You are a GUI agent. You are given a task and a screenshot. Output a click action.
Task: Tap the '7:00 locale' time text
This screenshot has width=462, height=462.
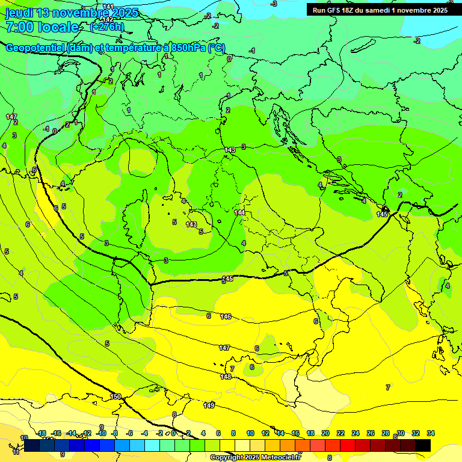pyautogui.click(x=42, y=27)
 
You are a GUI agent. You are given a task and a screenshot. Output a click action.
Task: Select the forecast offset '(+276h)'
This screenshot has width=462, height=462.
pyautogui.click(x=107, y=27)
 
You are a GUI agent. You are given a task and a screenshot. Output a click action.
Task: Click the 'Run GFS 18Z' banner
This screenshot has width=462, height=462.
pyautogui.click(x=380, y=10)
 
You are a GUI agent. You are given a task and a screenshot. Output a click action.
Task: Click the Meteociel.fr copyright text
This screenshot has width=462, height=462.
pyautogui.click(x=256, y=457)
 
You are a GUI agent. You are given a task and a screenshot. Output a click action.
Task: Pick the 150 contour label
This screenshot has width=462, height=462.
pyautogui.click(x=115, y=396)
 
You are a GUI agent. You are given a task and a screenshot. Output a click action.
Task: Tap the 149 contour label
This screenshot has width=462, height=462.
pyautogui.click(x=209, y=405)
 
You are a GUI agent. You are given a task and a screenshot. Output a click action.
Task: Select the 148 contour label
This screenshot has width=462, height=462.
pyautogui.click(x=226, y=377)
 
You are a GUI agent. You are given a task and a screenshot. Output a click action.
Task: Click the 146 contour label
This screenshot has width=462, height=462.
pyautogui.click(x=226, y=316)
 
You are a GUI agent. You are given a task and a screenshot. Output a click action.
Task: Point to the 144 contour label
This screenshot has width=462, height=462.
pyautogui.click(x=239, y=212)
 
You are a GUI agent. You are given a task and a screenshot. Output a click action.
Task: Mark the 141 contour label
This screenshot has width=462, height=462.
pyautogui.click(x=108, y=7)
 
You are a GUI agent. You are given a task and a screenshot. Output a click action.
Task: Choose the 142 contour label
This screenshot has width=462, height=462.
pyautogui.click(x=108, y=19)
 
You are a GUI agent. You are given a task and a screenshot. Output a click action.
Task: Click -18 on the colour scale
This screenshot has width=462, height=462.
pyautogui.click(x=42, y=433)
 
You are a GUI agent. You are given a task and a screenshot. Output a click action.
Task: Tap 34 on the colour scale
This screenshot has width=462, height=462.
pyautogui.click(x=431, y=433)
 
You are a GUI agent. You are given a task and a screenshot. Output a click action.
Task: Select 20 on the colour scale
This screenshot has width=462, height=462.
pyautogui.click(x=325, y=433)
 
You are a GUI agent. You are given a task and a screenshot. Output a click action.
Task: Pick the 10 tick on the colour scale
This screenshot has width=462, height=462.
pyautogui.click(x=250, y=433)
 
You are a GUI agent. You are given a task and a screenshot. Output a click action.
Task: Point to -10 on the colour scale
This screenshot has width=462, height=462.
pyautogui.click(x=101, y=433)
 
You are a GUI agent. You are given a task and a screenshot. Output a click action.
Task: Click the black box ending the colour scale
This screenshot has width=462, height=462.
pyautogui.click(x=423, y=445)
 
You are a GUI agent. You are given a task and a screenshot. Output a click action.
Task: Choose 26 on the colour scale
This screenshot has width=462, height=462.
pyautogui.click(x=371, y=433)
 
